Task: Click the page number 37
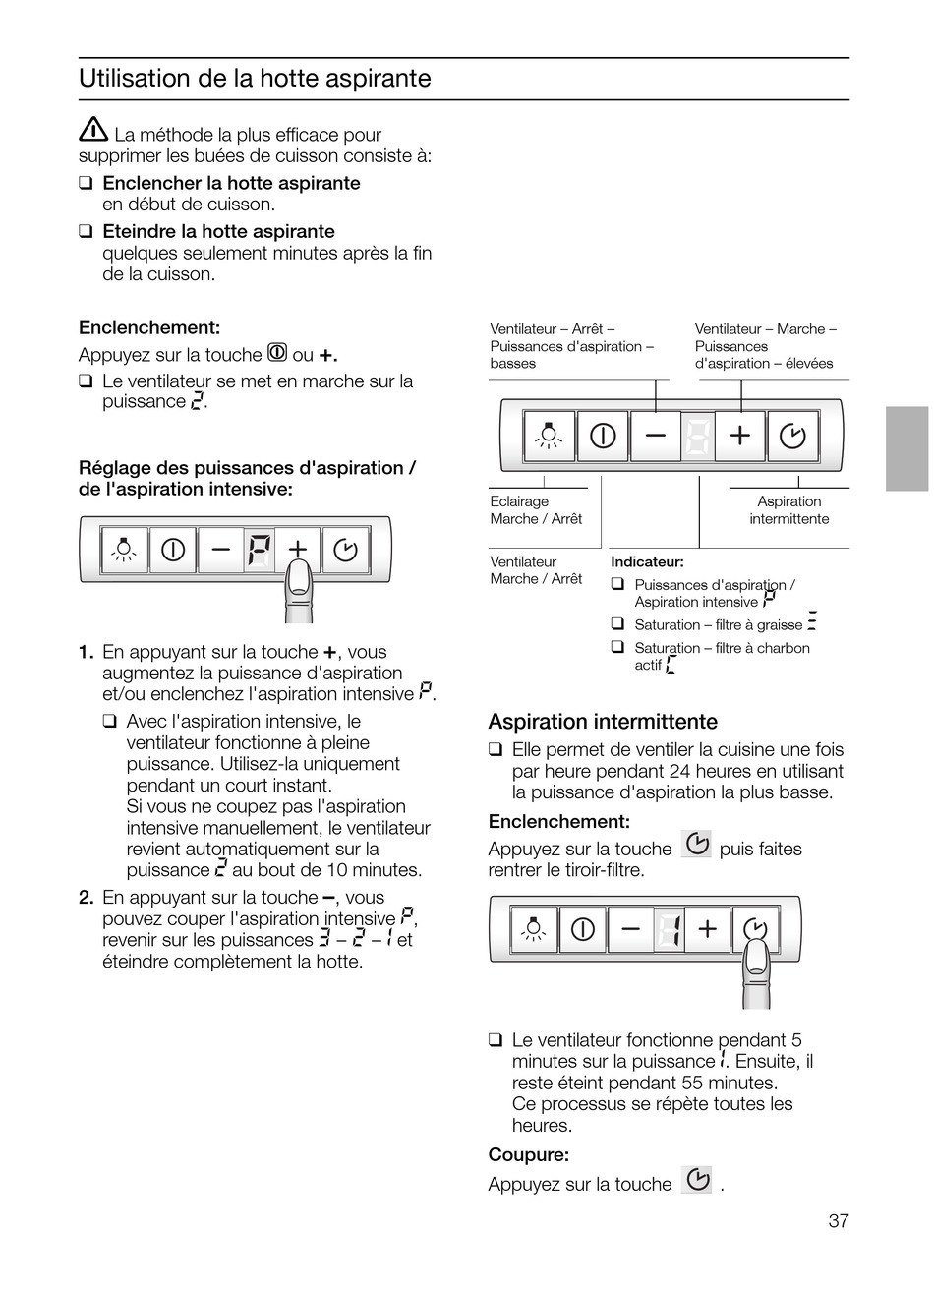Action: pyautogui.click(x=838, y=1221)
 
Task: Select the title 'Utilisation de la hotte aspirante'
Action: pyautogui.click(x=255, y=79)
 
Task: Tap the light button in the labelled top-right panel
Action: pyautogui.click(x=549, y=435)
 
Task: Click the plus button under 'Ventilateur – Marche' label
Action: pyautogui.click(x=740, y=435)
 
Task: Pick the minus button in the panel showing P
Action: pyautogui.click(x=220, y=551)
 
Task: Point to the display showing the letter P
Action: pyautogui.click(x=258, y=551)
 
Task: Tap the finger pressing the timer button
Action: pyautogui.click(x=756, y=971)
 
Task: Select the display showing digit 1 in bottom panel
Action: pyautogui.click(x=668, y=929)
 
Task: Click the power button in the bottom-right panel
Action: pyautogui.click(x=583, y=929)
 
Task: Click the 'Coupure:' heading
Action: pyautogui.click(x=528, y=1154)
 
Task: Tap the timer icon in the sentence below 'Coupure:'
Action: pyautogui.click(x=697, y=1180)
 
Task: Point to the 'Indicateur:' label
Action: pyautogui.click(x=647, y=561)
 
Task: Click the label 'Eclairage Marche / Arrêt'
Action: pyautogui.click(x=536, y=510)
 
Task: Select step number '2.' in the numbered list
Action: pyautogui.click(x=87, y=897)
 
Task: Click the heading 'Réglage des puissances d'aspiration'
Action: pyautogui.click(x=246, y=468)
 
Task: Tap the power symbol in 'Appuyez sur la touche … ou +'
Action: pyautogui.click(x=277, y=353)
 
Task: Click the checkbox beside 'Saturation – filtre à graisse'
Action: pyautogui.click(x=617, y=623)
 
